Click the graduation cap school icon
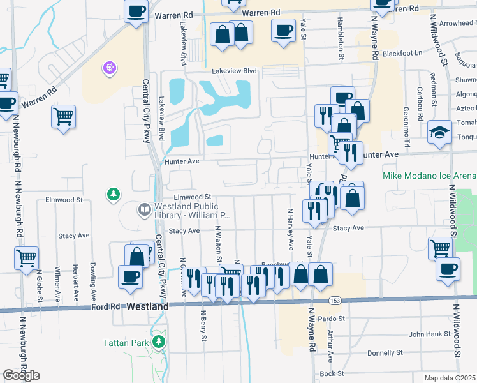coord(439,132)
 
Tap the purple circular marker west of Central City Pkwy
coord(108,67)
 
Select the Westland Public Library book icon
coord(145,209)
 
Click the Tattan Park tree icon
coord(158,342)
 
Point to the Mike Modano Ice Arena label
coord(429,176)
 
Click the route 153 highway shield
coord(334,299)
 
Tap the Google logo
coord(21,375)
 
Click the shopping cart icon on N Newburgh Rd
coord(26,259)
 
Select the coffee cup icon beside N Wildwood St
coord(448,268)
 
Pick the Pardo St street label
coord(332,317)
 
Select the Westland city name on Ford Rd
coord(147,306)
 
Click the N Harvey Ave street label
coord(291,228)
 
